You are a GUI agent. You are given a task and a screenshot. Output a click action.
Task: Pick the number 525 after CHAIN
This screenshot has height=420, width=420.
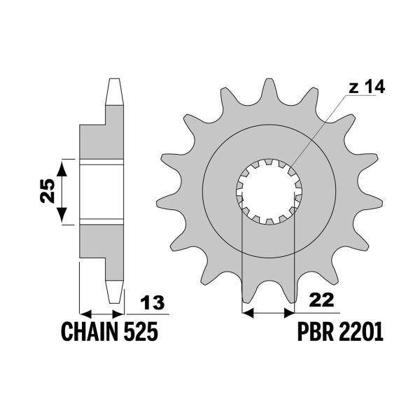tap(140, 332)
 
